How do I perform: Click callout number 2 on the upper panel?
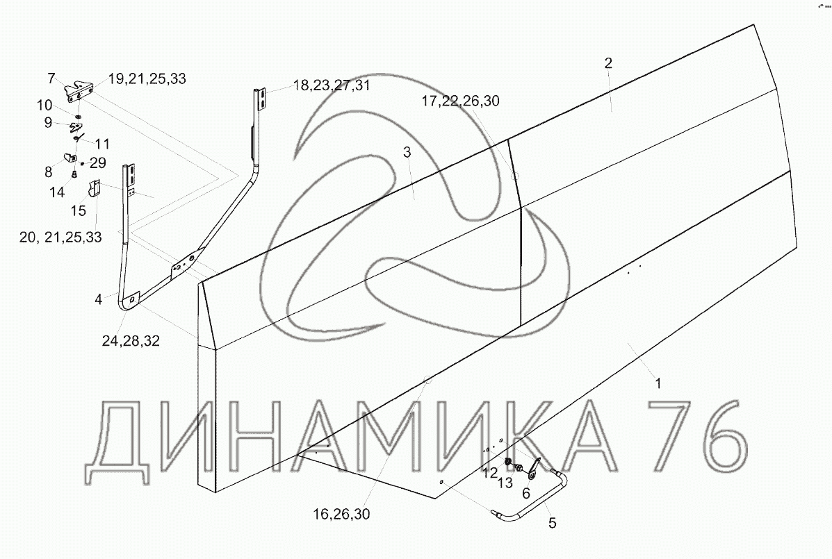608,63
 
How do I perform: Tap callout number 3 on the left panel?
407,153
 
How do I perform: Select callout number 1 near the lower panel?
658,383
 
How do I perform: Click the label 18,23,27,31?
331,85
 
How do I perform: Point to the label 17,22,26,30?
461,101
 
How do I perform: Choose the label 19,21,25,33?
147,79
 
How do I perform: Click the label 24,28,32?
131,340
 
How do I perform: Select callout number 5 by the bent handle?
553,524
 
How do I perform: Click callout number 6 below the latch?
526,493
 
